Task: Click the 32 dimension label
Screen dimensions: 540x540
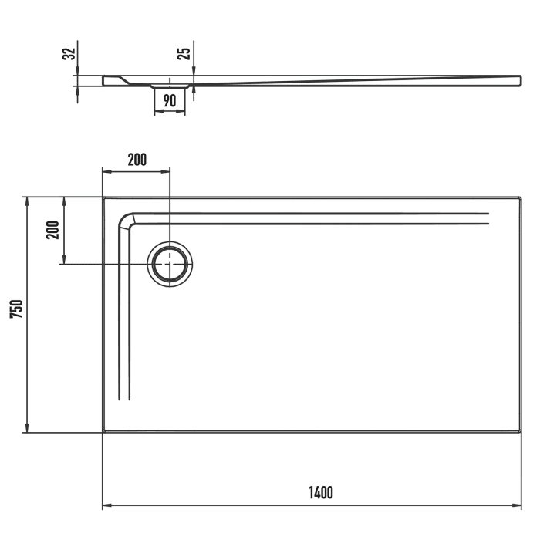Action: click(x=69, y=53)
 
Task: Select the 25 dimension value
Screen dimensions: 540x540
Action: click(x=184, y=53)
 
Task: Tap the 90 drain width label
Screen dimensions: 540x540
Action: click(x=170, y=100)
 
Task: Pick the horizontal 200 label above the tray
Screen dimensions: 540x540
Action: click(x=136, y=160)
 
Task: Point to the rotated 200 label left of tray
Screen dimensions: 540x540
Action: click(x=52, y=230)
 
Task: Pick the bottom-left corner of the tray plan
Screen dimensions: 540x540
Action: click(x=103, y=432)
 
